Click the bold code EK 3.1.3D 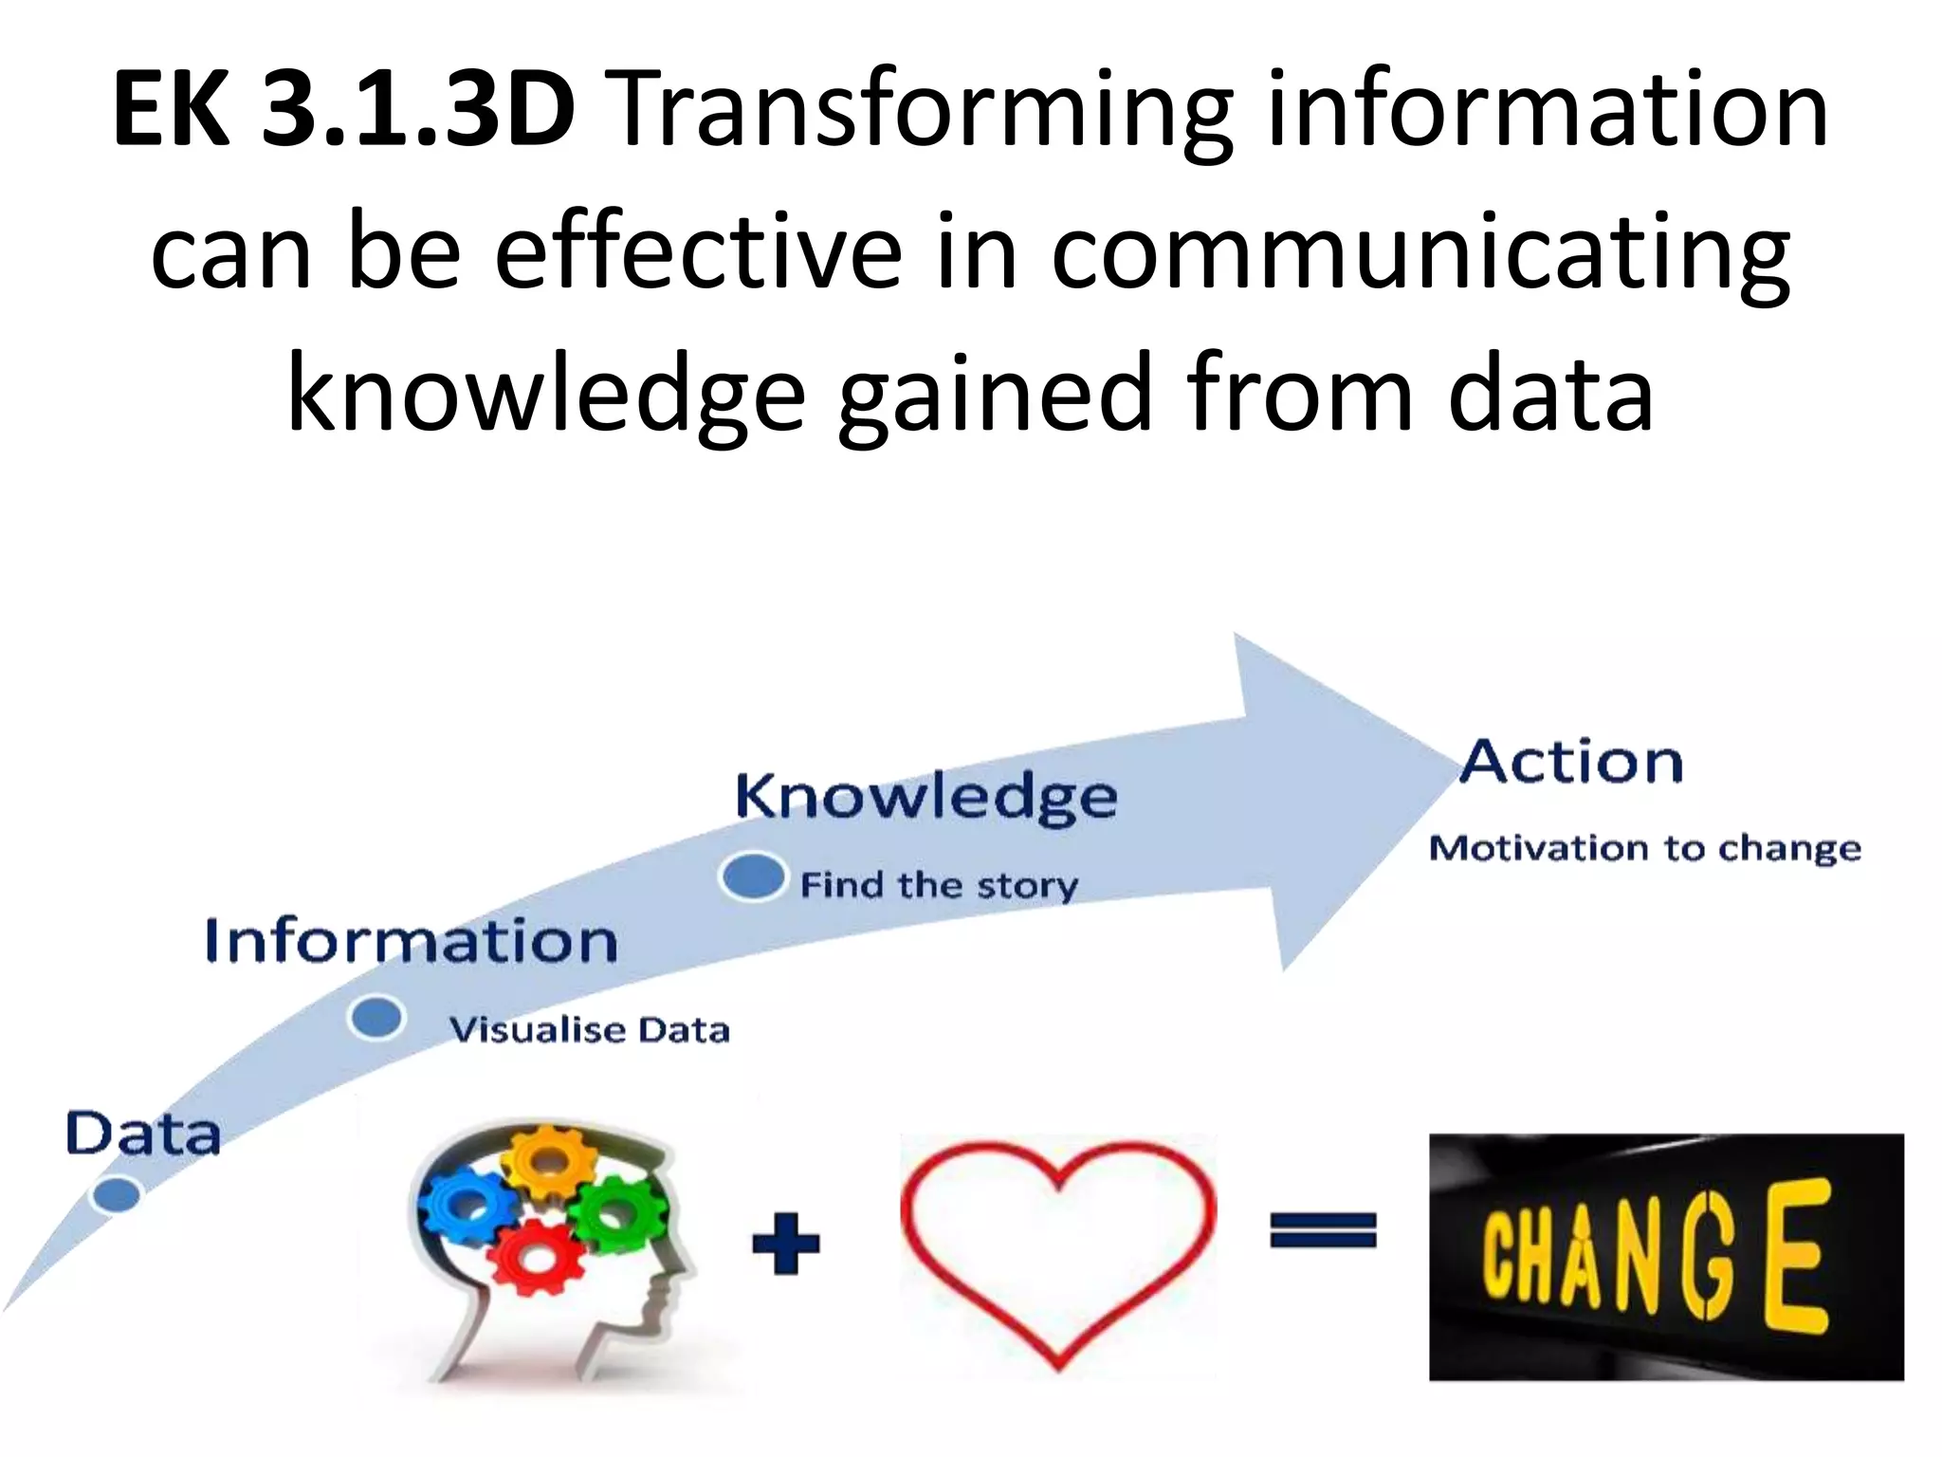pyautogui.click(x=343, y=111)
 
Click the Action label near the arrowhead pyautogui.click(x=1571, y=763)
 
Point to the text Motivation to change pyautogui.click(x=1645, y=848)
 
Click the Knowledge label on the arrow pyautogui.click(x=926, y=798)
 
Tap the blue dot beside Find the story pyautogui.click(x=753, y=876)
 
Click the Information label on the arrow pyautogui.click(x=412, y=941)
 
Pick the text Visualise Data pyautogui.click(x=590, y=1030)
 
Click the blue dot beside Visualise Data pyautogui.click(x=377, y=1019)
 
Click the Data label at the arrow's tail pyautogui.click(x=142, y=1134)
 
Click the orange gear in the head pyautogui.click(x=548, y=1162)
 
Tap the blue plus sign pyautogui.click(x=785, y=1243)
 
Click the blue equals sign pyautogui.click(x=1323, y=1231)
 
